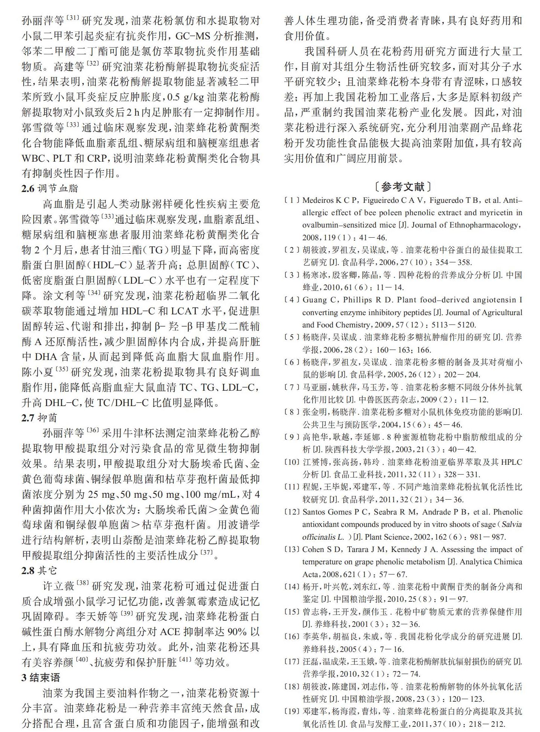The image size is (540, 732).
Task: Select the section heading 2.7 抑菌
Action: tap(39, 418)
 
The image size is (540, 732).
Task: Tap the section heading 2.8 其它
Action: tap(39, 571)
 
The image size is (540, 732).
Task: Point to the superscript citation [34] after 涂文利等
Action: tap(94, 293)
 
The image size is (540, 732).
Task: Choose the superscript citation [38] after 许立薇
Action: tap(83, 583)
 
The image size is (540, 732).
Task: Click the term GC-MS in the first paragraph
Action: tap(193, 36)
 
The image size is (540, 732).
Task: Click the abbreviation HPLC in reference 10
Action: tap(511, 462)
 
